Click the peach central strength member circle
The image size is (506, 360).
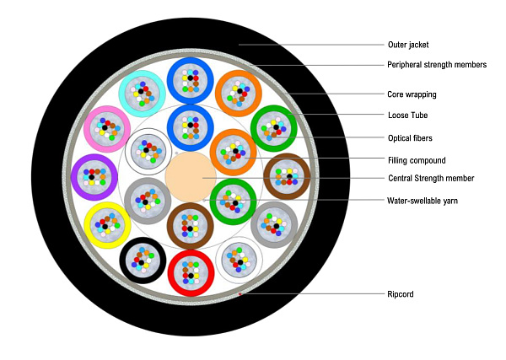coord(190,177)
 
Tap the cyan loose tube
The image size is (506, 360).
coord(141,93)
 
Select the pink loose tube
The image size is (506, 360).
coord(106,129)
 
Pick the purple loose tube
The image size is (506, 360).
coord(94,176)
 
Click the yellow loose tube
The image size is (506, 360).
coord(106,224)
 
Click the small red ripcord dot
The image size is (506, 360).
coord(240,294)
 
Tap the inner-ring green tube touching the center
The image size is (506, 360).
coord(233,201)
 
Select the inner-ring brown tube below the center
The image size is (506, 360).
coord(190,225)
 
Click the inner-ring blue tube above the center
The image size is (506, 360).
coord(190,127)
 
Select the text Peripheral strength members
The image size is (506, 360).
coord(437,65)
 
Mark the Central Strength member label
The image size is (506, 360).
coord(431,178)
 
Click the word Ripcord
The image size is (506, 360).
coord(401,294)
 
